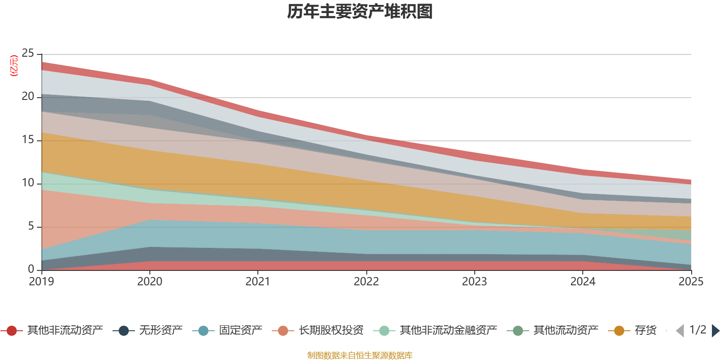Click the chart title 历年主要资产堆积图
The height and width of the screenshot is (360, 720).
click(x=360, y=12)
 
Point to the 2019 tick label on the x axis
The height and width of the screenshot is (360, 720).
click(x=41, y=282)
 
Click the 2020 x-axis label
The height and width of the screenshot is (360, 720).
click(x=150, y=282)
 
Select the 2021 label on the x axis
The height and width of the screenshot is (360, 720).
click(x=258, y=282)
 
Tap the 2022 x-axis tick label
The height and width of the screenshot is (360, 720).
click(x=366, y=282)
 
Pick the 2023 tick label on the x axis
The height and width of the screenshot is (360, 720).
click(x=474, y=282)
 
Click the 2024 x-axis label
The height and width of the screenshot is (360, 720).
click(x=583, y=282)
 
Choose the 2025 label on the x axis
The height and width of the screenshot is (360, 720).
click(x=691, y=282)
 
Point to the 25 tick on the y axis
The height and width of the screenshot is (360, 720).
click(x=28, y=54)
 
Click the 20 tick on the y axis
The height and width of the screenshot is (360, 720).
click(x=28, y=97)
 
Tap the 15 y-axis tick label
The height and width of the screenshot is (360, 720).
click(x=28, y=140)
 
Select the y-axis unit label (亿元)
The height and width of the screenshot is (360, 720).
click(x=14, y=66)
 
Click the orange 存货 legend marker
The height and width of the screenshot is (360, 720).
click(x=619, y=331)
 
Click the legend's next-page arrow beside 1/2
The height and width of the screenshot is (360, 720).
click(x=715, y=331)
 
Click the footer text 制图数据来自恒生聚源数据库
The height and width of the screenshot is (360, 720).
click(x=360, y=355)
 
